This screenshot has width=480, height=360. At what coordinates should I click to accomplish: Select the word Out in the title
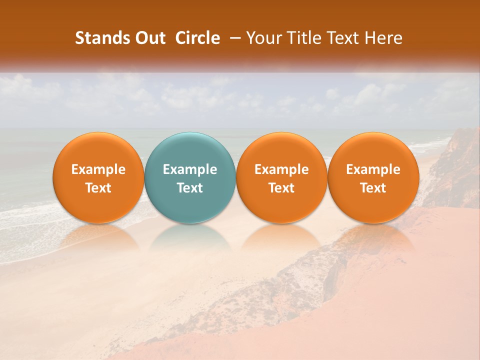point(148,38)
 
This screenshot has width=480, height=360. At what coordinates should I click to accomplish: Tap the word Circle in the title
point(197,38)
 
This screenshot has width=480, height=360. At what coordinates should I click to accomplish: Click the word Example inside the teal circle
point(190,169)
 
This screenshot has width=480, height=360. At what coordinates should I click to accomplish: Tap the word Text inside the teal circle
point(190,188)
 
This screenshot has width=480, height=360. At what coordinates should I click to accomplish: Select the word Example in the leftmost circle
point(98,169)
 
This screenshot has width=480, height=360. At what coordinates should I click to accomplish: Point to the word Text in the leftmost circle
point(98,188)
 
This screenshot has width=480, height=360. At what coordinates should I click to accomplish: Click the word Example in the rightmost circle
point(373,169)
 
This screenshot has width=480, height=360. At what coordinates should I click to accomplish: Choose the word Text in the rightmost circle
point(373,188)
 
